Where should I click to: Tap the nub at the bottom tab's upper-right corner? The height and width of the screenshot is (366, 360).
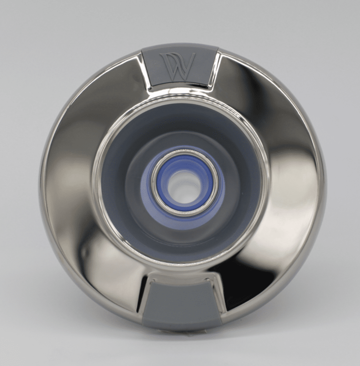pos(208,279)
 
